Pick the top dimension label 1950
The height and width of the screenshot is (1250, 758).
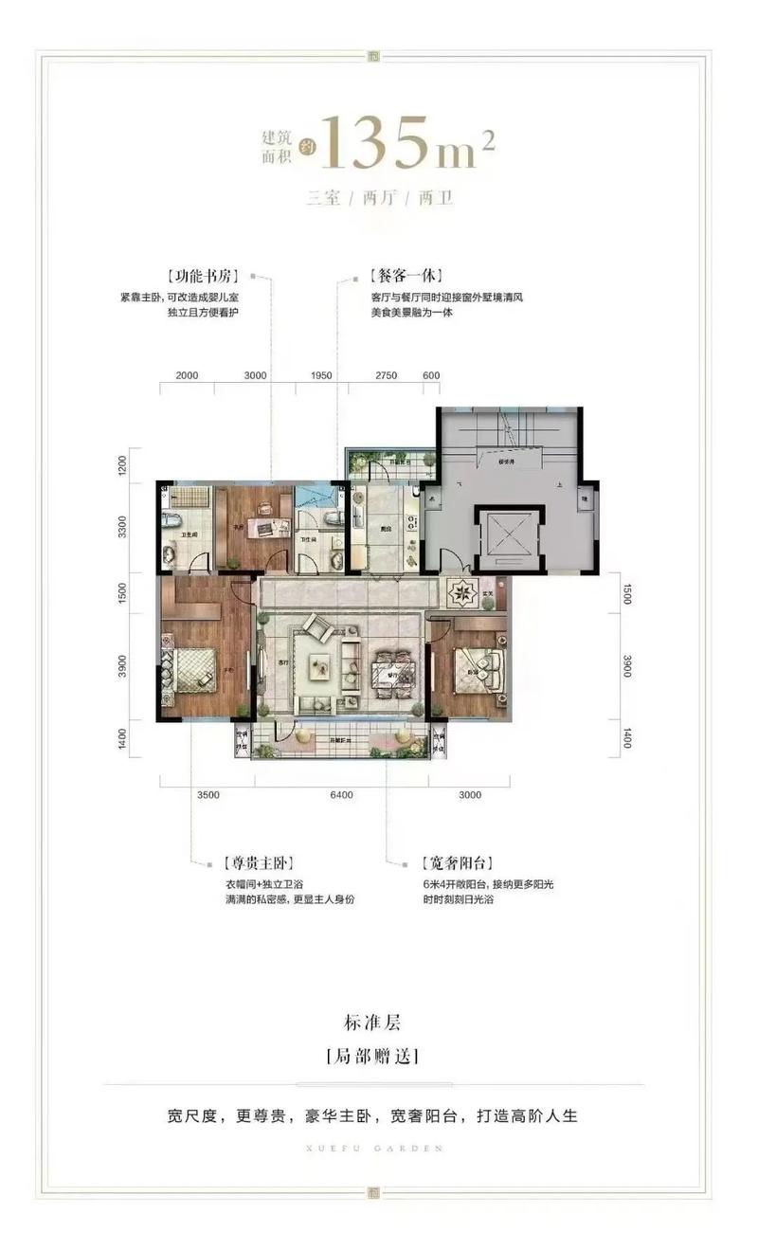pos(321,375)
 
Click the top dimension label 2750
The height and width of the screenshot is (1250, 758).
pos(384,375)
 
